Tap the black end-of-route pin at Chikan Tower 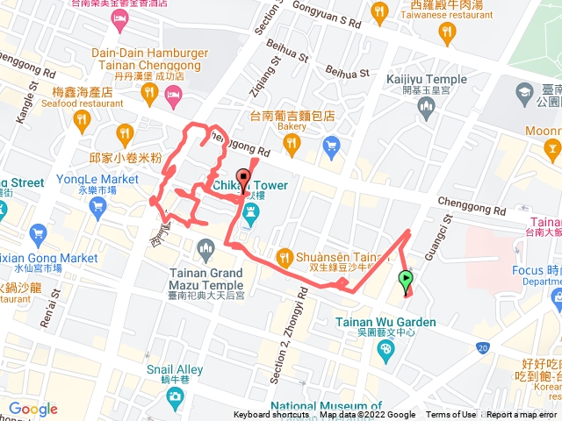tap(243, 174)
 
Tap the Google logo tap(33, 409)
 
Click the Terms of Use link tap(451, 415)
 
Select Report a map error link tap(522, 415)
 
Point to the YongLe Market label tap(97, 179)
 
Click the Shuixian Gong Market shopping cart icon tap(37, 234)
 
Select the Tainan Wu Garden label tap(385, 322)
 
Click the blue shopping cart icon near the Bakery tap(331, 145)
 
